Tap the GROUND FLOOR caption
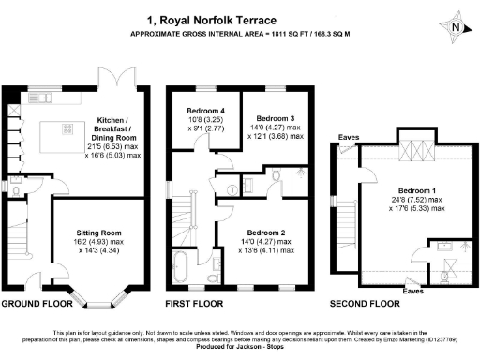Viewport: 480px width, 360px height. coord(38,306)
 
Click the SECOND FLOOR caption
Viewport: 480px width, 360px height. coord(366,306)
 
